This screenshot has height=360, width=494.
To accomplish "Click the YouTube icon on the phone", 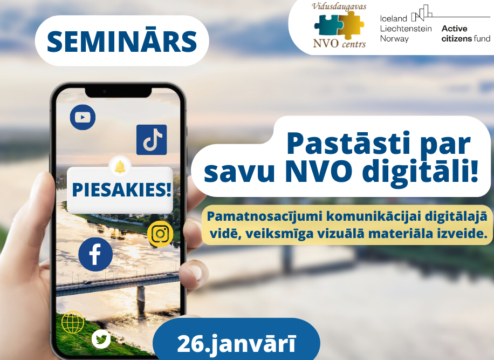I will (x=83, y=118).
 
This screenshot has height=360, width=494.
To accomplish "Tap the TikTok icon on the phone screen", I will (x=152, y=140).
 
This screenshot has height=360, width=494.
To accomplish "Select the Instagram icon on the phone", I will (x=160, y=234).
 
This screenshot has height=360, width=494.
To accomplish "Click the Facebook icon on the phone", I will (x=95, y=254).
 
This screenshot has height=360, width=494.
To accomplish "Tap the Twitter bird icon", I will (x=101, y=339).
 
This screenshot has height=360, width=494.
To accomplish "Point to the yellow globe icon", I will (x=73, y=322).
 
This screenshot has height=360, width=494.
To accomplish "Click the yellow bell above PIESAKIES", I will (x=120, y=166).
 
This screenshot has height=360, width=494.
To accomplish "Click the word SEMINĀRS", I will (x=122, y=41).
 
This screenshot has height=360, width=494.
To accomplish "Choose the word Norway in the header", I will (x=395, y=39).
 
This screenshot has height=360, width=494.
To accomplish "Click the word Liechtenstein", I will (x=406, y=29).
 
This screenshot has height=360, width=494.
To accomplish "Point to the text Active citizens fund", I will (x=465, y=33).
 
